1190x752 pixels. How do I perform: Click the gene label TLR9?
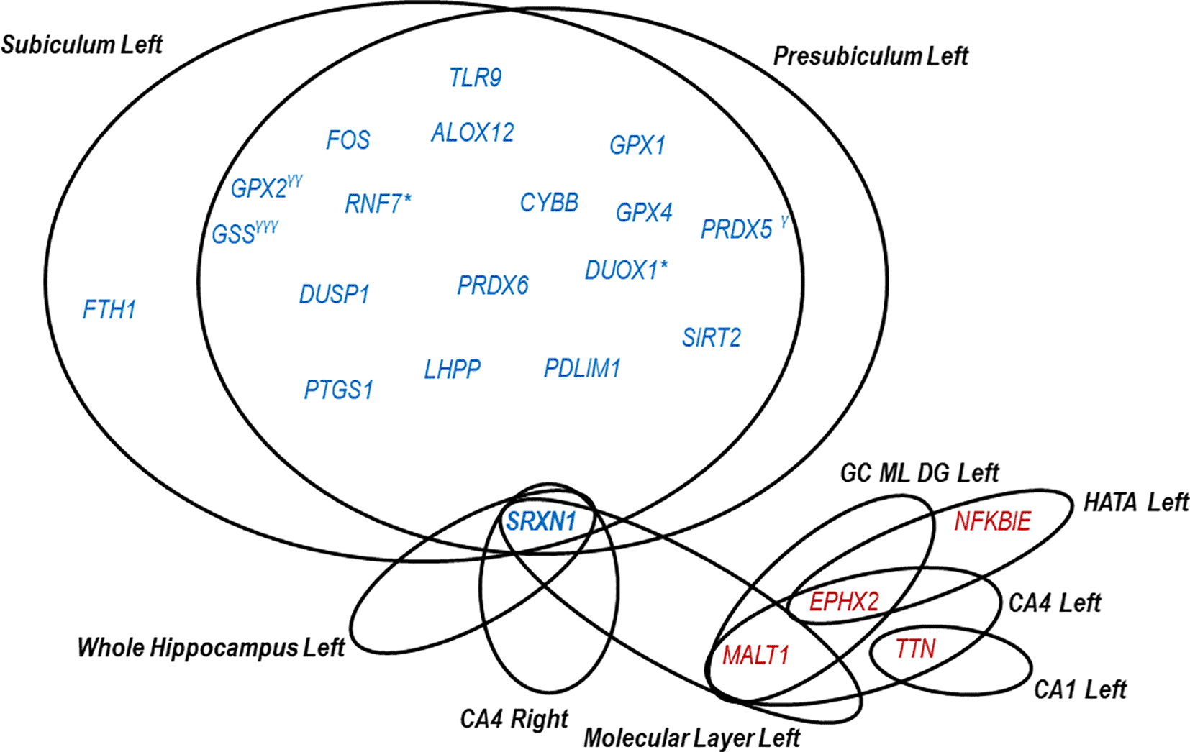coord(475,78)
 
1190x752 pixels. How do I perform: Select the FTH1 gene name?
coord(109,310)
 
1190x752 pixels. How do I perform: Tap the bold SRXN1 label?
coord(541,521)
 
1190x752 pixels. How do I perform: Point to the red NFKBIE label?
coord(992,521)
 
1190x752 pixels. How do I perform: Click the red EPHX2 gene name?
coord(843,601)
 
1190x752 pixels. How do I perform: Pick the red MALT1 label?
coord(755,655)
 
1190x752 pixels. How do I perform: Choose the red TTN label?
coord(915,649)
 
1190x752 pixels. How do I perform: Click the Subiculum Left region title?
coord(81,45)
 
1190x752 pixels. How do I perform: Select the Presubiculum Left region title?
coord(871,56)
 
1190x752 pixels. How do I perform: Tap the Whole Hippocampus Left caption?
coord(211,648)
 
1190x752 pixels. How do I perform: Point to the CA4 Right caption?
coord(514,718)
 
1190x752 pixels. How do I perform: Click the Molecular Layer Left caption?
coord(691,738)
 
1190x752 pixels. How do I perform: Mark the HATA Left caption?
coord(1136,502)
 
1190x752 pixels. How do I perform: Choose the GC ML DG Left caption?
coord(919,473)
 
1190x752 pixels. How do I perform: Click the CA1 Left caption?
coord(1080,689)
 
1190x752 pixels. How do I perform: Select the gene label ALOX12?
coord(473,133)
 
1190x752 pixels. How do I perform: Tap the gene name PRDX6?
coord(493,285)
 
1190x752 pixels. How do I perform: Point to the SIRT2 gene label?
coord(711,338)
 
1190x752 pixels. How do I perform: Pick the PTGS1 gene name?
coord(338,390)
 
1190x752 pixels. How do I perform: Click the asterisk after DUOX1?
coord(663,265)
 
